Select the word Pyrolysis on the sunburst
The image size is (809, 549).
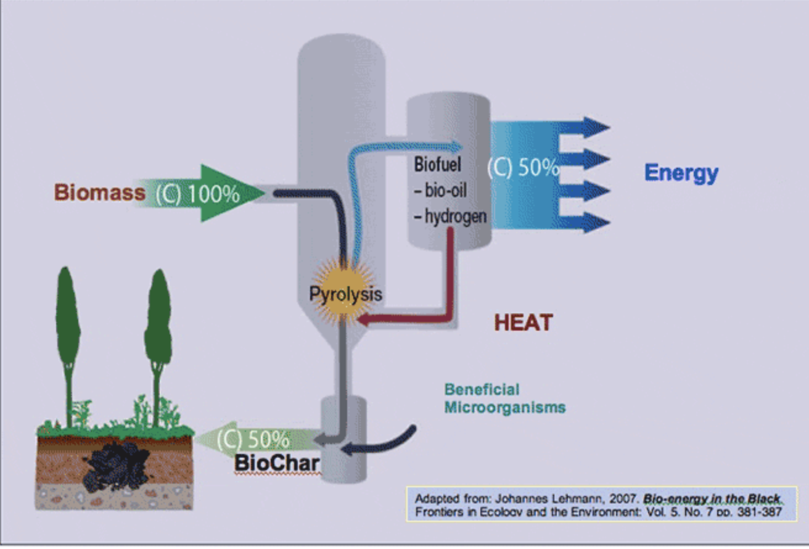[345, 294]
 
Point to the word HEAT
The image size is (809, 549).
[524, 322]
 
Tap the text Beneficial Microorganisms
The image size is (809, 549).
[504, 398]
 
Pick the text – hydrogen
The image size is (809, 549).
[450, 217]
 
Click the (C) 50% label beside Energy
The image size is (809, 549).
[524, 168]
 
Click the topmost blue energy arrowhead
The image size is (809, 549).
[595, 127]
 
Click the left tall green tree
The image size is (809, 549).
[68, 333]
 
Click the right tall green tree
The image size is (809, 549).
[158, 333]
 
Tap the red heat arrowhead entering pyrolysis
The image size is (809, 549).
[366, 320]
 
